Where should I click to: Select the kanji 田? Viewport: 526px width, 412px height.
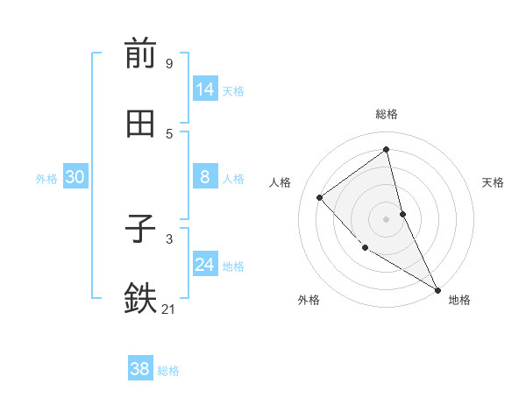coord(140,124)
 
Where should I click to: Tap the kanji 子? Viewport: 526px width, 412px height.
coord(140,229)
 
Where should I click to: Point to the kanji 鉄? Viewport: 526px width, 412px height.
coord(140,299)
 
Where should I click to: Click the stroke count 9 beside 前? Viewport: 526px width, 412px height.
coord(168,63)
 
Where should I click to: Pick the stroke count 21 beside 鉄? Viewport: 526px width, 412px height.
coord(169,309)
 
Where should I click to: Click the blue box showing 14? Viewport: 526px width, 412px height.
coord(205,89)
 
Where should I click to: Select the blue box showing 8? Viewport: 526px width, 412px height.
coord(205,177)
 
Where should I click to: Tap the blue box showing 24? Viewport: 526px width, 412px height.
coord(205,265)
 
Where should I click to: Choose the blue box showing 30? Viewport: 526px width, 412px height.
coord(75,177)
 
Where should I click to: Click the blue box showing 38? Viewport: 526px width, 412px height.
coord(140,369)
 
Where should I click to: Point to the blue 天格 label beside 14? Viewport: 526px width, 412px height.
coord(233,91)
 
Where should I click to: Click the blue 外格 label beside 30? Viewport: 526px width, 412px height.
coord(46,179)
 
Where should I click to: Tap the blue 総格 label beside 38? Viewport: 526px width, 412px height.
coord(168,371)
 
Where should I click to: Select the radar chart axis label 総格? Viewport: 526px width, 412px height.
coord(387,114)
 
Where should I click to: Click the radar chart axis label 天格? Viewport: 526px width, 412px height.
coord(493,182)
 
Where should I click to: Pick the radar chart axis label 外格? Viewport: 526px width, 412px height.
coord(309,300)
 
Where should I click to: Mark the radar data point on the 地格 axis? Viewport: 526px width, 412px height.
coord(437,289)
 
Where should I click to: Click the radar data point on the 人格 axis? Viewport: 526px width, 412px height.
coord(320,197)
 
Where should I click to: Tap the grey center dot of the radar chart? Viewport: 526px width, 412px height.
coord(387,219)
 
